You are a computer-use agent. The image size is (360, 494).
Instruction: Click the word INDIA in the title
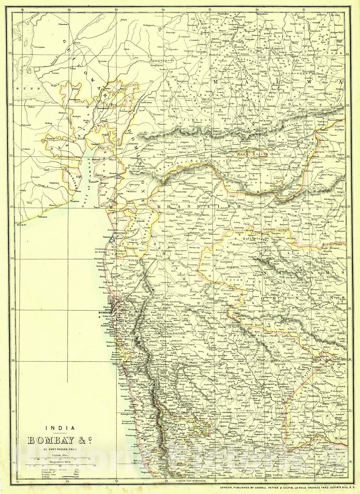pyautogui.click(x=60, y=428)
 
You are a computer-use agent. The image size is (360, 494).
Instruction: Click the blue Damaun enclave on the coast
pyautogui.click(x=113, y=238)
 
